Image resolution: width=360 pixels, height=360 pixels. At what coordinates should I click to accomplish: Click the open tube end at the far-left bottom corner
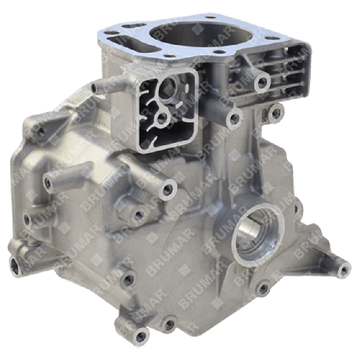[13, 262]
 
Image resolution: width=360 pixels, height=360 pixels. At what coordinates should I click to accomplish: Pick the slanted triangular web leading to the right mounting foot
[312, 252]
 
